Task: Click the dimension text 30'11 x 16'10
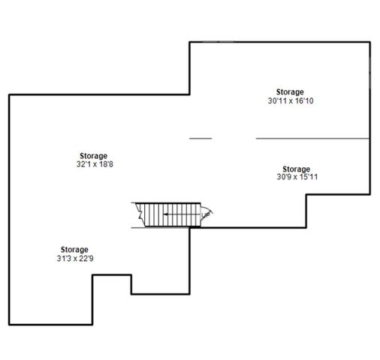click(290, 100)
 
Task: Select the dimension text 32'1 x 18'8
click(92, 164)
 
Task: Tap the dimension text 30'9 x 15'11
click(296, 177)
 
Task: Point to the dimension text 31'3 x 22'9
click(74, 258)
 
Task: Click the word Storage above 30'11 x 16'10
click(290, 91)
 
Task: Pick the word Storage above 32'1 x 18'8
click(92, 156)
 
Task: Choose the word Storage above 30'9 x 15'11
click(296, 169)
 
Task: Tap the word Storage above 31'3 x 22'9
click(74, 250)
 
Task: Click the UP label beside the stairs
click(205, 215)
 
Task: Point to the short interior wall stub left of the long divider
click(200, 138)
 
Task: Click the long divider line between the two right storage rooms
click(312, 138)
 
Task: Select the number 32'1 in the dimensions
click(83, 164)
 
